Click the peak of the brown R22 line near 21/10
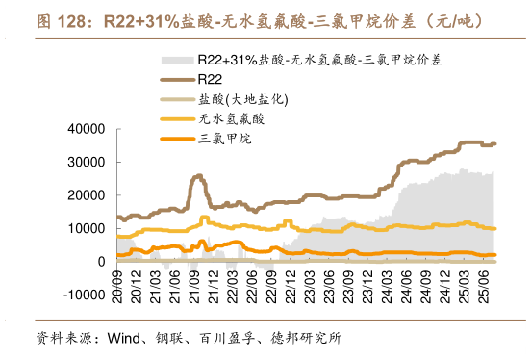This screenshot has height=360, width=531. coord(198,176)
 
